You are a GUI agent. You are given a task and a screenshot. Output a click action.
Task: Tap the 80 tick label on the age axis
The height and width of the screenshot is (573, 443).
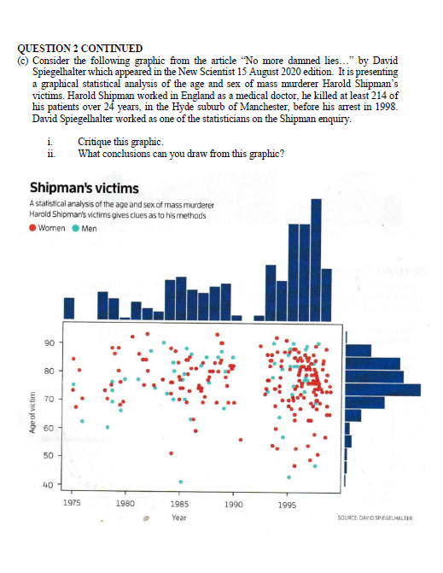pos(49,371)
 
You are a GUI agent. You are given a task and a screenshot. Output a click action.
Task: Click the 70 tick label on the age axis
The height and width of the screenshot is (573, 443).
pos(49,399)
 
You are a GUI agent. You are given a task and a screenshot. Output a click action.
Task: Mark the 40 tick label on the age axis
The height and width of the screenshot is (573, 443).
pos(49,485)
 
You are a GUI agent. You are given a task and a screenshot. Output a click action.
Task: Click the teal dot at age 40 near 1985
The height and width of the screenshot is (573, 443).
pos(180,482)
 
